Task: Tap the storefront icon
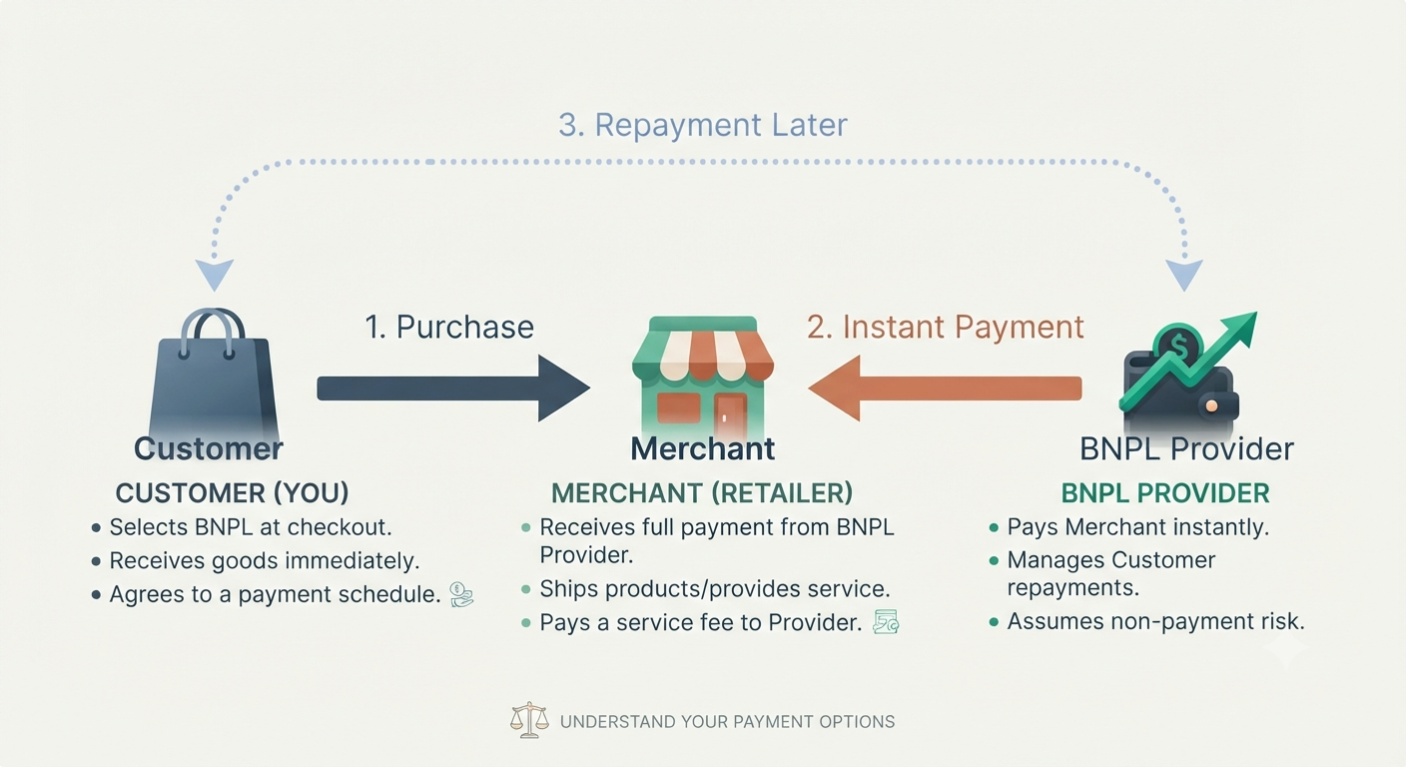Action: [703, 377]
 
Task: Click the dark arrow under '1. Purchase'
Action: [453, 387]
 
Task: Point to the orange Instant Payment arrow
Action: [945, 387]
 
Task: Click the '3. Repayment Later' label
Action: [703, 124]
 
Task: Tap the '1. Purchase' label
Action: [449, 327]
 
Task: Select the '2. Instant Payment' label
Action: [946, 327]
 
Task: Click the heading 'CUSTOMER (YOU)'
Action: [233, 493]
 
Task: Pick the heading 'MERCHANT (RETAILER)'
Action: [702, 493]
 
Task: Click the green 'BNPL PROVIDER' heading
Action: [1165, 493]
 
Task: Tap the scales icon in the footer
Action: [529, 719]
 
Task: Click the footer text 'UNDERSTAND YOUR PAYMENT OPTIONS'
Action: [728, 722]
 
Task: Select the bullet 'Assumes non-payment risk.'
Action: [1147, 621]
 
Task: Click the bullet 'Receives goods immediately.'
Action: [256, 560]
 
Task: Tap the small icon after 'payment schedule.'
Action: [461, 594]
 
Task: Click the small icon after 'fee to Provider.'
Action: [887, 622]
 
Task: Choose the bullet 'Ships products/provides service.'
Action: [707, 589]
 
